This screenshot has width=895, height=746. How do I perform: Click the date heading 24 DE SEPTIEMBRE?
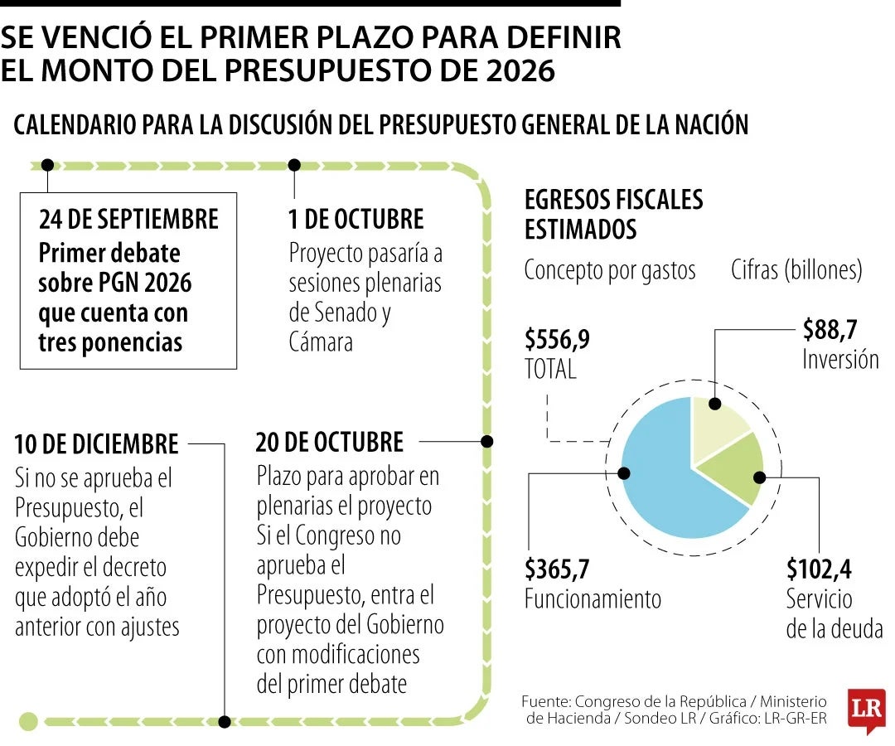coord(128,219)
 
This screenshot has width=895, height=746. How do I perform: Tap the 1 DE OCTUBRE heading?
coord(356,219)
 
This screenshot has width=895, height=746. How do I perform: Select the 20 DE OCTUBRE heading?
coord(329,442)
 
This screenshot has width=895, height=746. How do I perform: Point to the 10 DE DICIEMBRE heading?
coord(96,443)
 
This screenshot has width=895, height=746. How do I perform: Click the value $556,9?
coord(557,340)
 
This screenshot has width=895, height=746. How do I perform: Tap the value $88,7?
coord(830,330)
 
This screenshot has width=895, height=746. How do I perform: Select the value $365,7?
coord(557,569)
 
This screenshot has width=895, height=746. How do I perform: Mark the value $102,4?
coord(819,569)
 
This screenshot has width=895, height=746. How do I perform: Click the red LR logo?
coord(866,710)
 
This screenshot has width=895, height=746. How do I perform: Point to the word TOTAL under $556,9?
coord(550,369)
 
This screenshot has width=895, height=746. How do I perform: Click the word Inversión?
coord(840,359)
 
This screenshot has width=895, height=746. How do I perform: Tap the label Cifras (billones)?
coord(796,269)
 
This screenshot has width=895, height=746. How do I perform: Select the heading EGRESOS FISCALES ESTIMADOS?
coord(613,213)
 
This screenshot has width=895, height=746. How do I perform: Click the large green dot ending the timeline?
coord(28,721)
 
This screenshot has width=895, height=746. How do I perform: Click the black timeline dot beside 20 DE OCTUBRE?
coord(487,441)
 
